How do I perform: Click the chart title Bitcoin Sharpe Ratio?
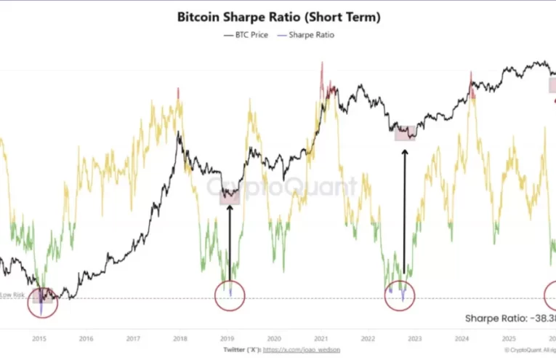[278, 16]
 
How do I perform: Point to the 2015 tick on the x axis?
[39, 338]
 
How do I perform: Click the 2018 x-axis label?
[180, 338]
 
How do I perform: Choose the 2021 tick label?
[321, 338]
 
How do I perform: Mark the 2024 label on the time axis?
[462, 338]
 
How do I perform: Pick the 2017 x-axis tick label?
[133, 338]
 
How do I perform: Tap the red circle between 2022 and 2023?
[399, 293]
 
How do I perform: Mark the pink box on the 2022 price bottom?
[406, 132]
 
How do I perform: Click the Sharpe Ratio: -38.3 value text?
[509, 318]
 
